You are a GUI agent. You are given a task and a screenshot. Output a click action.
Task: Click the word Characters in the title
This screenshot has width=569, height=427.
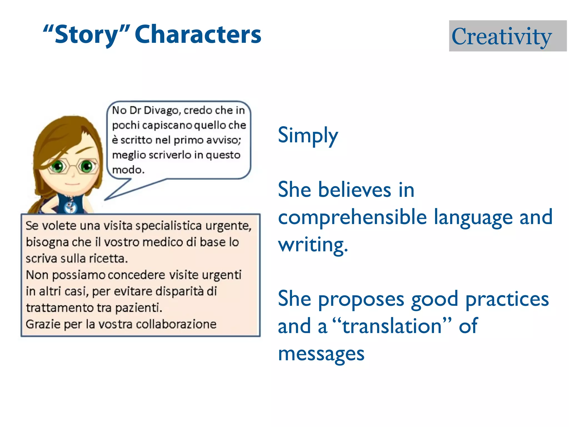198,35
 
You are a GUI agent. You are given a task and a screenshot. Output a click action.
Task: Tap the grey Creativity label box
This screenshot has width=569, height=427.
507,36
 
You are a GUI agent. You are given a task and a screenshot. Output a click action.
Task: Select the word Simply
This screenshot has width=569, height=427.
308,135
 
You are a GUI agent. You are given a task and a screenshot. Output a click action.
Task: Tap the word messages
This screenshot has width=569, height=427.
321,354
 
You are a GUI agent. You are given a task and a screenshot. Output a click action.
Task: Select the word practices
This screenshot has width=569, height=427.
507,299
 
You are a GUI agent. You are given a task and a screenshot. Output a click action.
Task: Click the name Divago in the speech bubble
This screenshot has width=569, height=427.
162,110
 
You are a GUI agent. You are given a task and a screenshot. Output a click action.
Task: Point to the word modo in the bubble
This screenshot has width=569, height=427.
128,170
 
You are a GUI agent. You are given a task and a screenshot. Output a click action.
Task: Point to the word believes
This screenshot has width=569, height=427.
354,190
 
